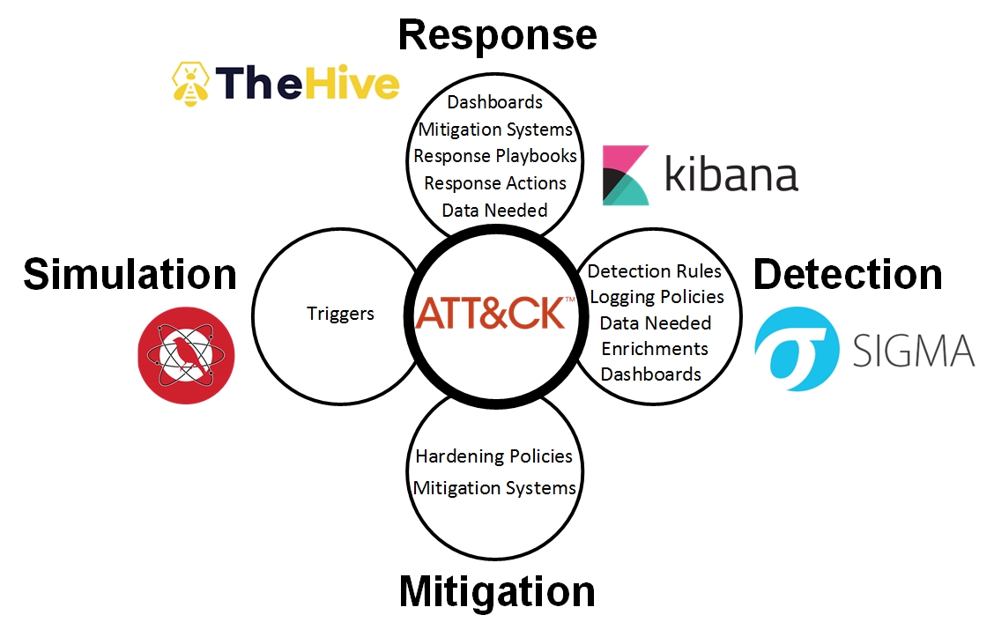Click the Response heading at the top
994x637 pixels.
pos(497,35)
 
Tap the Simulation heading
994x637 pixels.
pos(130,274)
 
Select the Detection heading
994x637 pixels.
pos(848,274)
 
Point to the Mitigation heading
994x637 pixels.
pos(497,591)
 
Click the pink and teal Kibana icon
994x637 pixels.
pos(626,175)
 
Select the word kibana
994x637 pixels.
pos(731,174)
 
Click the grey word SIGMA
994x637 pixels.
pos(913,351)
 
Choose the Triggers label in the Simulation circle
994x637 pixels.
pos(340,314)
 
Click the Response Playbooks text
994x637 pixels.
pos(495,156)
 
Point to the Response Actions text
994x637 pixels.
pos(495,183)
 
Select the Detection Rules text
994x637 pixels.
pos(655,271)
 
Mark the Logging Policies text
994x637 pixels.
pos(656,297)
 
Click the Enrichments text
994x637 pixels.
pos(655,348)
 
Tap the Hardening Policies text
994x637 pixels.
pos(494,456)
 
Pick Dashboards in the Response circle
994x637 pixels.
pos(495,102)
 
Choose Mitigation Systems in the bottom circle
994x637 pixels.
pos(494,487)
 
